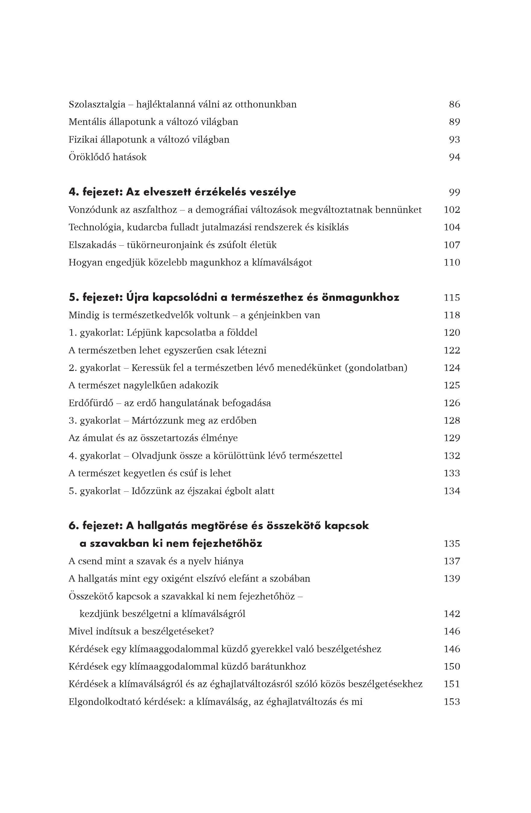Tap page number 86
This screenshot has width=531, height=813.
(454, 104)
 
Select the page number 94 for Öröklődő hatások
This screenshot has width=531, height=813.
(454, 157)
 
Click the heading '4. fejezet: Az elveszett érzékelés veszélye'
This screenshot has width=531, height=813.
(182, 192)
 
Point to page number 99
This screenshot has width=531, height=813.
(454, 192)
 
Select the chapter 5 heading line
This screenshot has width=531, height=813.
(234, 297)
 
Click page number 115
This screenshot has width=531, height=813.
(452, 297)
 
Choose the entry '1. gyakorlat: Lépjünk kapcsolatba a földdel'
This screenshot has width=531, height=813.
(163, 333)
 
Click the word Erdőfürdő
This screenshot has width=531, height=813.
(91, 403)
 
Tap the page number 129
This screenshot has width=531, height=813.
(452, 438)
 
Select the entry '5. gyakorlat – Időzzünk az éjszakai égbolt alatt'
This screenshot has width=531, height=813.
(171, 491)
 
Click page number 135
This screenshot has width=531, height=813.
(452, 544)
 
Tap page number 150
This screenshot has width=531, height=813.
(452, 666)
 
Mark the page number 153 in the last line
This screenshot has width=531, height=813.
(452, 702)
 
